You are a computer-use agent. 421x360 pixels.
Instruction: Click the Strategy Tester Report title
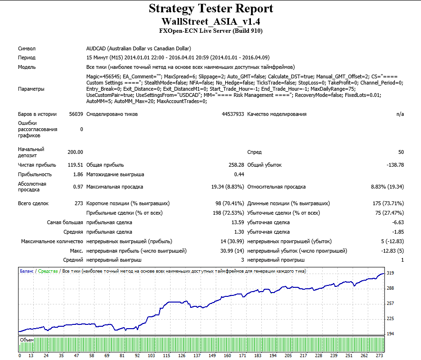click(x=211, y=9)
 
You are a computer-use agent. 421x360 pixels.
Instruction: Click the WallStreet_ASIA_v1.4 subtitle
click(x=211, y=21)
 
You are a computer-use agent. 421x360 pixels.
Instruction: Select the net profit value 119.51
click(x=75, y=165)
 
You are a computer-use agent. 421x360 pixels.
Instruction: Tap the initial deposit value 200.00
click(x=75, y=152)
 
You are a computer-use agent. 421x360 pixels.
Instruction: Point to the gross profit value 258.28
click(x=236, y=165)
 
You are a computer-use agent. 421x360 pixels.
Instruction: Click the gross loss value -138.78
click(x=395, y=165)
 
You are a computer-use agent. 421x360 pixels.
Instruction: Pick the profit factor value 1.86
click(x=78, y=174)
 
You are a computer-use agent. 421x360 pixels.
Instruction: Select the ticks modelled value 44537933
click(x=233, y=114)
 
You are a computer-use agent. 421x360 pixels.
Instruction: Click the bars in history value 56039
click(x=76, y=114)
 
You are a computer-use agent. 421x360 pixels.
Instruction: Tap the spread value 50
click(x=401, y=152)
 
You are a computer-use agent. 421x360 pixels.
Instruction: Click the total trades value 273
click(x=79, y=203)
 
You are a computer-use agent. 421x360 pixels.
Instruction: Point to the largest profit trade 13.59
click(x=238, y=222)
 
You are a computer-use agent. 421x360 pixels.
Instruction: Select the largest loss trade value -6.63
click(x=398, y=222)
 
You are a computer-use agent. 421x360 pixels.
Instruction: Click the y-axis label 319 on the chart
click(x=390, y=273)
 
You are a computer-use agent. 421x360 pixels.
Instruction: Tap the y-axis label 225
click(x=390, y=319)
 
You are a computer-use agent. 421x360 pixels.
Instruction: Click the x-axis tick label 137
click(x=197, y=355)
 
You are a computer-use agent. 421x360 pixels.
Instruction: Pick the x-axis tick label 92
click(x=137, y=355)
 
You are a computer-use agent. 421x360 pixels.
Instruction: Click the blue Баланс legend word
click(x=27, y=271)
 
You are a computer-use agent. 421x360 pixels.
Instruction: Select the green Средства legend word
click(x=48, y=271)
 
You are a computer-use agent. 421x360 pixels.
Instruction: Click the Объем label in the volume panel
click(x=27, y=340)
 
